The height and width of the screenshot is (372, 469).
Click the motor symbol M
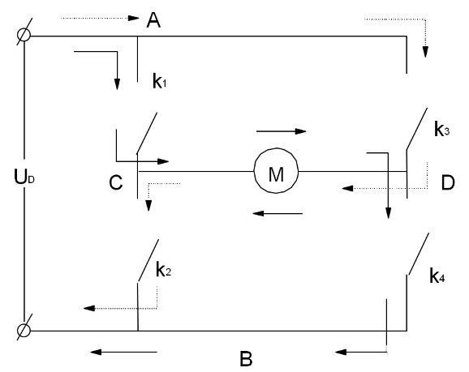276,171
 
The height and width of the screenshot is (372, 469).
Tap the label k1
160,81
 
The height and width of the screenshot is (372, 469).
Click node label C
115,183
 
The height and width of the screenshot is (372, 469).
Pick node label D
447,183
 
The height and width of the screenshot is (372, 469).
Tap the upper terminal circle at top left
24,36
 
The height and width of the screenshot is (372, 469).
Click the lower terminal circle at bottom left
24,331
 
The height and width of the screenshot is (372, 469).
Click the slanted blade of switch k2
148,260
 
